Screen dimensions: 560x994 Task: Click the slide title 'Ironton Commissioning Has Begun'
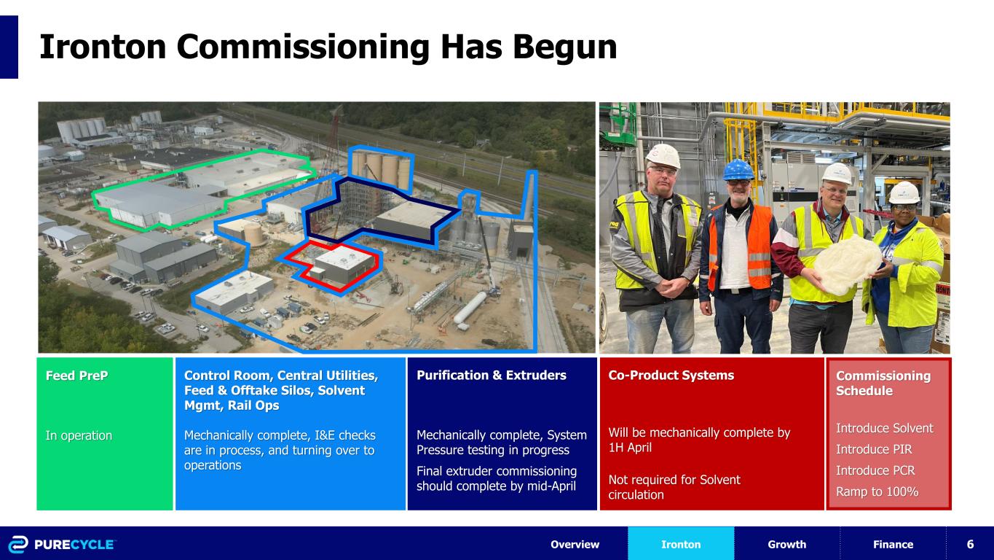(328, 47)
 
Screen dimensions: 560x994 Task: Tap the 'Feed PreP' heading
(71, 376)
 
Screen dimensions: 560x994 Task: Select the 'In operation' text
(79, 435)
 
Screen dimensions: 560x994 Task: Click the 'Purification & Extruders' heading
(491, 376)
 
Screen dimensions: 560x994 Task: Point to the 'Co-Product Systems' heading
(671, 376)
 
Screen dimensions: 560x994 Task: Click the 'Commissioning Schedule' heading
(883, 384)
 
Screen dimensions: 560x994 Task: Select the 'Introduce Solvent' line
(884, 428)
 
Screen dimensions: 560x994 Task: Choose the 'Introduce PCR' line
(875, 470)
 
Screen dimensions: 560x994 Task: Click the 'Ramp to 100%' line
(877, 492)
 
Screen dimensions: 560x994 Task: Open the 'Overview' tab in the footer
(575, 545)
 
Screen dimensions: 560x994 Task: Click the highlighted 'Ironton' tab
(681, 545)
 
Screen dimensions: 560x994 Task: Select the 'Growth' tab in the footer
(786, 545)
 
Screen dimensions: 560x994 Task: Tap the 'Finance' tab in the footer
(893, 545)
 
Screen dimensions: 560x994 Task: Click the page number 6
(970, 545)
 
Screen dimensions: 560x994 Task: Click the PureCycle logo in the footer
(62, 545)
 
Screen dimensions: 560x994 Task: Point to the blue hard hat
(736, 170)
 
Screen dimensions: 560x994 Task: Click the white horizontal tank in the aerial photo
(469, 308)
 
